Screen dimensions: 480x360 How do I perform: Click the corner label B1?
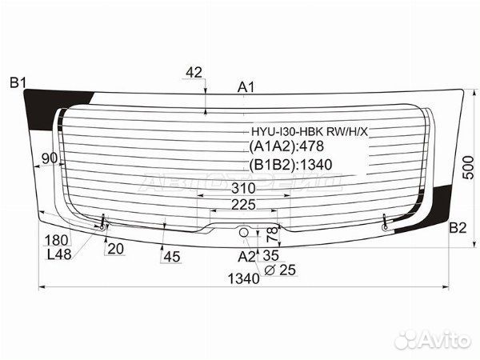tap(18, 83)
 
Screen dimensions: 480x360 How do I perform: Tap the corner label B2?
tap(458, 228)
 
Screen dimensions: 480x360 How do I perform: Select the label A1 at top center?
tap(246, 88)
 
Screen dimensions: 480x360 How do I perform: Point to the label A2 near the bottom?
tap(246, 257)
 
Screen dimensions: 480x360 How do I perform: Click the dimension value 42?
tap(194, 73)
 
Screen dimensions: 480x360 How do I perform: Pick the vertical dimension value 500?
tap(468, 167)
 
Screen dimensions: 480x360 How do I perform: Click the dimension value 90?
tap(50, 158)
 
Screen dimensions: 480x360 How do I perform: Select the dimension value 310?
tap(243, 188)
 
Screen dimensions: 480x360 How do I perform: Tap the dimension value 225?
tap(243, 205)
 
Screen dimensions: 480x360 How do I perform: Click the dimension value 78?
tap(273, 234)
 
